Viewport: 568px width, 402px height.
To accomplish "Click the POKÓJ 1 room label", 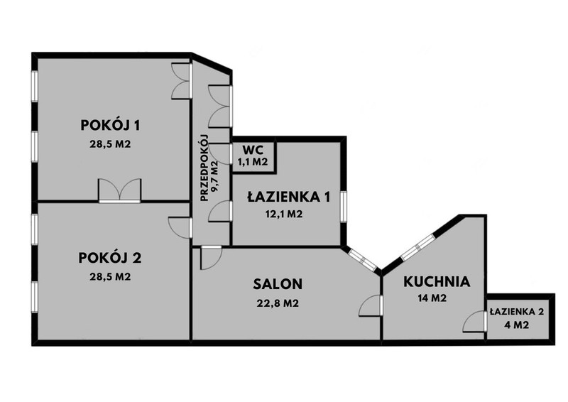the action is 110,125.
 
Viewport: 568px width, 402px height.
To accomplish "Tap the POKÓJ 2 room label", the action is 110,258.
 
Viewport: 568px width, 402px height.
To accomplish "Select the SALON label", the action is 278,284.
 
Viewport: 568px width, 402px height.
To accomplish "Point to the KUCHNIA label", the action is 437,282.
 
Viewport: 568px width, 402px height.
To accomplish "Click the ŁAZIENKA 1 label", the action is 289,197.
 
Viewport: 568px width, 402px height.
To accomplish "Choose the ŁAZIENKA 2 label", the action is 517,312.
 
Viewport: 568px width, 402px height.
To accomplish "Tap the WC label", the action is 253,149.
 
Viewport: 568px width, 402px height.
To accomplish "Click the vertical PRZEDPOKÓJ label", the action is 204,168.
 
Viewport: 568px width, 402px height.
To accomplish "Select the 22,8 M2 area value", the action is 278,303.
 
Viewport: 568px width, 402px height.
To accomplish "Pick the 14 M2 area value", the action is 432,298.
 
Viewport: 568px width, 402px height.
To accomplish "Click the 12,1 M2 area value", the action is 284,214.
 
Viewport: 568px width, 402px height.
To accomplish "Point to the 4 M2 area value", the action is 517,325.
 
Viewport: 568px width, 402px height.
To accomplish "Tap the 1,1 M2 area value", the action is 253,162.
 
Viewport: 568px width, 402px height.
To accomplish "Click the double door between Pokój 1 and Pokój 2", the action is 119,190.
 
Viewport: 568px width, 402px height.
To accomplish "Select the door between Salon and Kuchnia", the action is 371,305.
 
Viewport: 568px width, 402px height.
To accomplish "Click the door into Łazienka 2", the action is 475,322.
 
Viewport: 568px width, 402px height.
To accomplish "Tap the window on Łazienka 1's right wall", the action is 344,206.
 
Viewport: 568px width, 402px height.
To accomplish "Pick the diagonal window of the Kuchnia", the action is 417,247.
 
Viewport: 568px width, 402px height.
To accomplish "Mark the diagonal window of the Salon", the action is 362,259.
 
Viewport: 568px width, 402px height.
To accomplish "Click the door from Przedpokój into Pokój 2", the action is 181,228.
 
